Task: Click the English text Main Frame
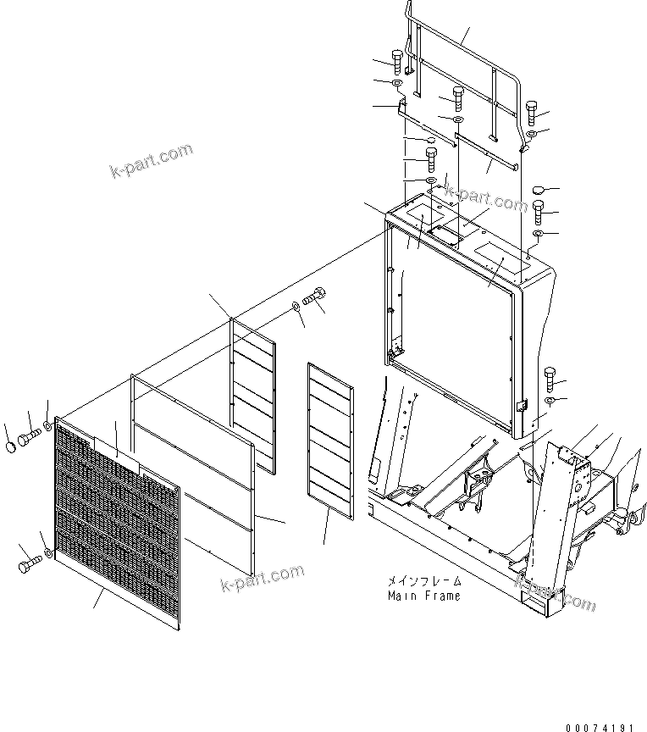(x=424, y=596)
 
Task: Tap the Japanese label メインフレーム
(x=425, y=582)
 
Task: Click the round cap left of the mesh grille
(x=10, y=446)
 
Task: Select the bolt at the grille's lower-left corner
(x=25, y=561)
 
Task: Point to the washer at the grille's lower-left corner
(x=47, y=554)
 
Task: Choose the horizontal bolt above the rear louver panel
(x=316, y=299)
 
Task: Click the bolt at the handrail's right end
(x=531, y=110)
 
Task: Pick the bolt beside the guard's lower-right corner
(x=550, y=374)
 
